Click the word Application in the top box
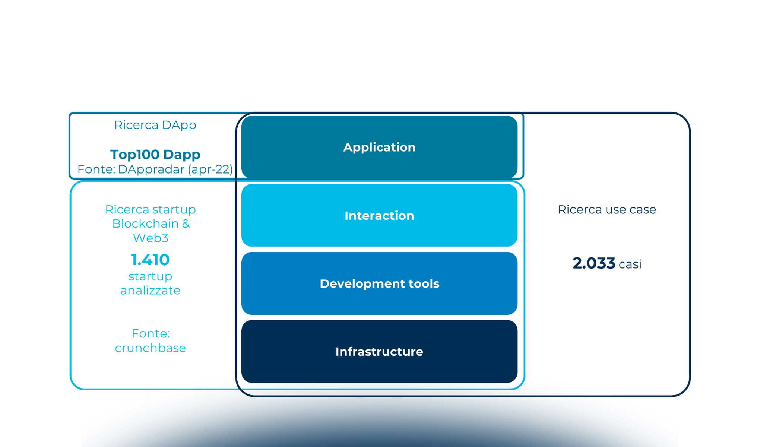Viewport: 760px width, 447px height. (379, 148)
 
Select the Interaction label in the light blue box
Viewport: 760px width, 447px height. (379, 216)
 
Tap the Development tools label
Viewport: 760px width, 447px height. (379, 284)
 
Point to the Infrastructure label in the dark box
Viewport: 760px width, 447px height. (379, 352)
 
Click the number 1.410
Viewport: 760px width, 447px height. (150, 260)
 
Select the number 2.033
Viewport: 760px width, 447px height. (593, 263)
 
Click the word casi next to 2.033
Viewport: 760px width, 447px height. (630, 264)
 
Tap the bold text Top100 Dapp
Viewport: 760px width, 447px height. (155, 154)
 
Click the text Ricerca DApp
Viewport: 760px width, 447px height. (155, 125)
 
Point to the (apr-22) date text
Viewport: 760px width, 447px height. (210, 169)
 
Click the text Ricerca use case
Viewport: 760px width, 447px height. (607, 210)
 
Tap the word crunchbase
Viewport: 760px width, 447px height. (150, 348)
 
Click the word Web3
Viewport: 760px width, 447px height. (151, 238)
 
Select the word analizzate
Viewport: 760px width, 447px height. (150, 291)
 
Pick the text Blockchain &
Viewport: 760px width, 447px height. (151, 224)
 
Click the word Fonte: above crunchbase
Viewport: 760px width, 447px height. (151, 333)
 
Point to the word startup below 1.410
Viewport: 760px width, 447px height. (150, 276)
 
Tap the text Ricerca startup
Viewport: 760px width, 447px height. (150, 210)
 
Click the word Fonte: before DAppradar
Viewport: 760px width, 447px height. (96, 169)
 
